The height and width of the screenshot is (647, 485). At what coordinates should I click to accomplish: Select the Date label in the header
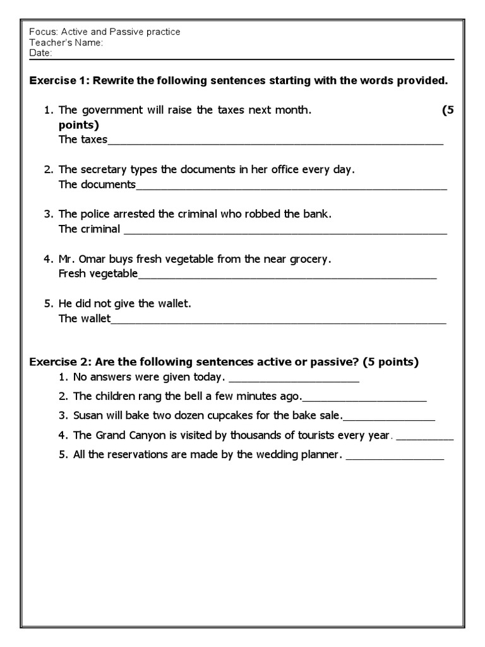40,53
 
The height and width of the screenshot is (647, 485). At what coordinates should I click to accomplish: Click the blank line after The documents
291,187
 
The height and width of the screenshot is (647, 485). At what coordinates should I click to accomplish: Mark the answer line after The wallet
278,320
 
